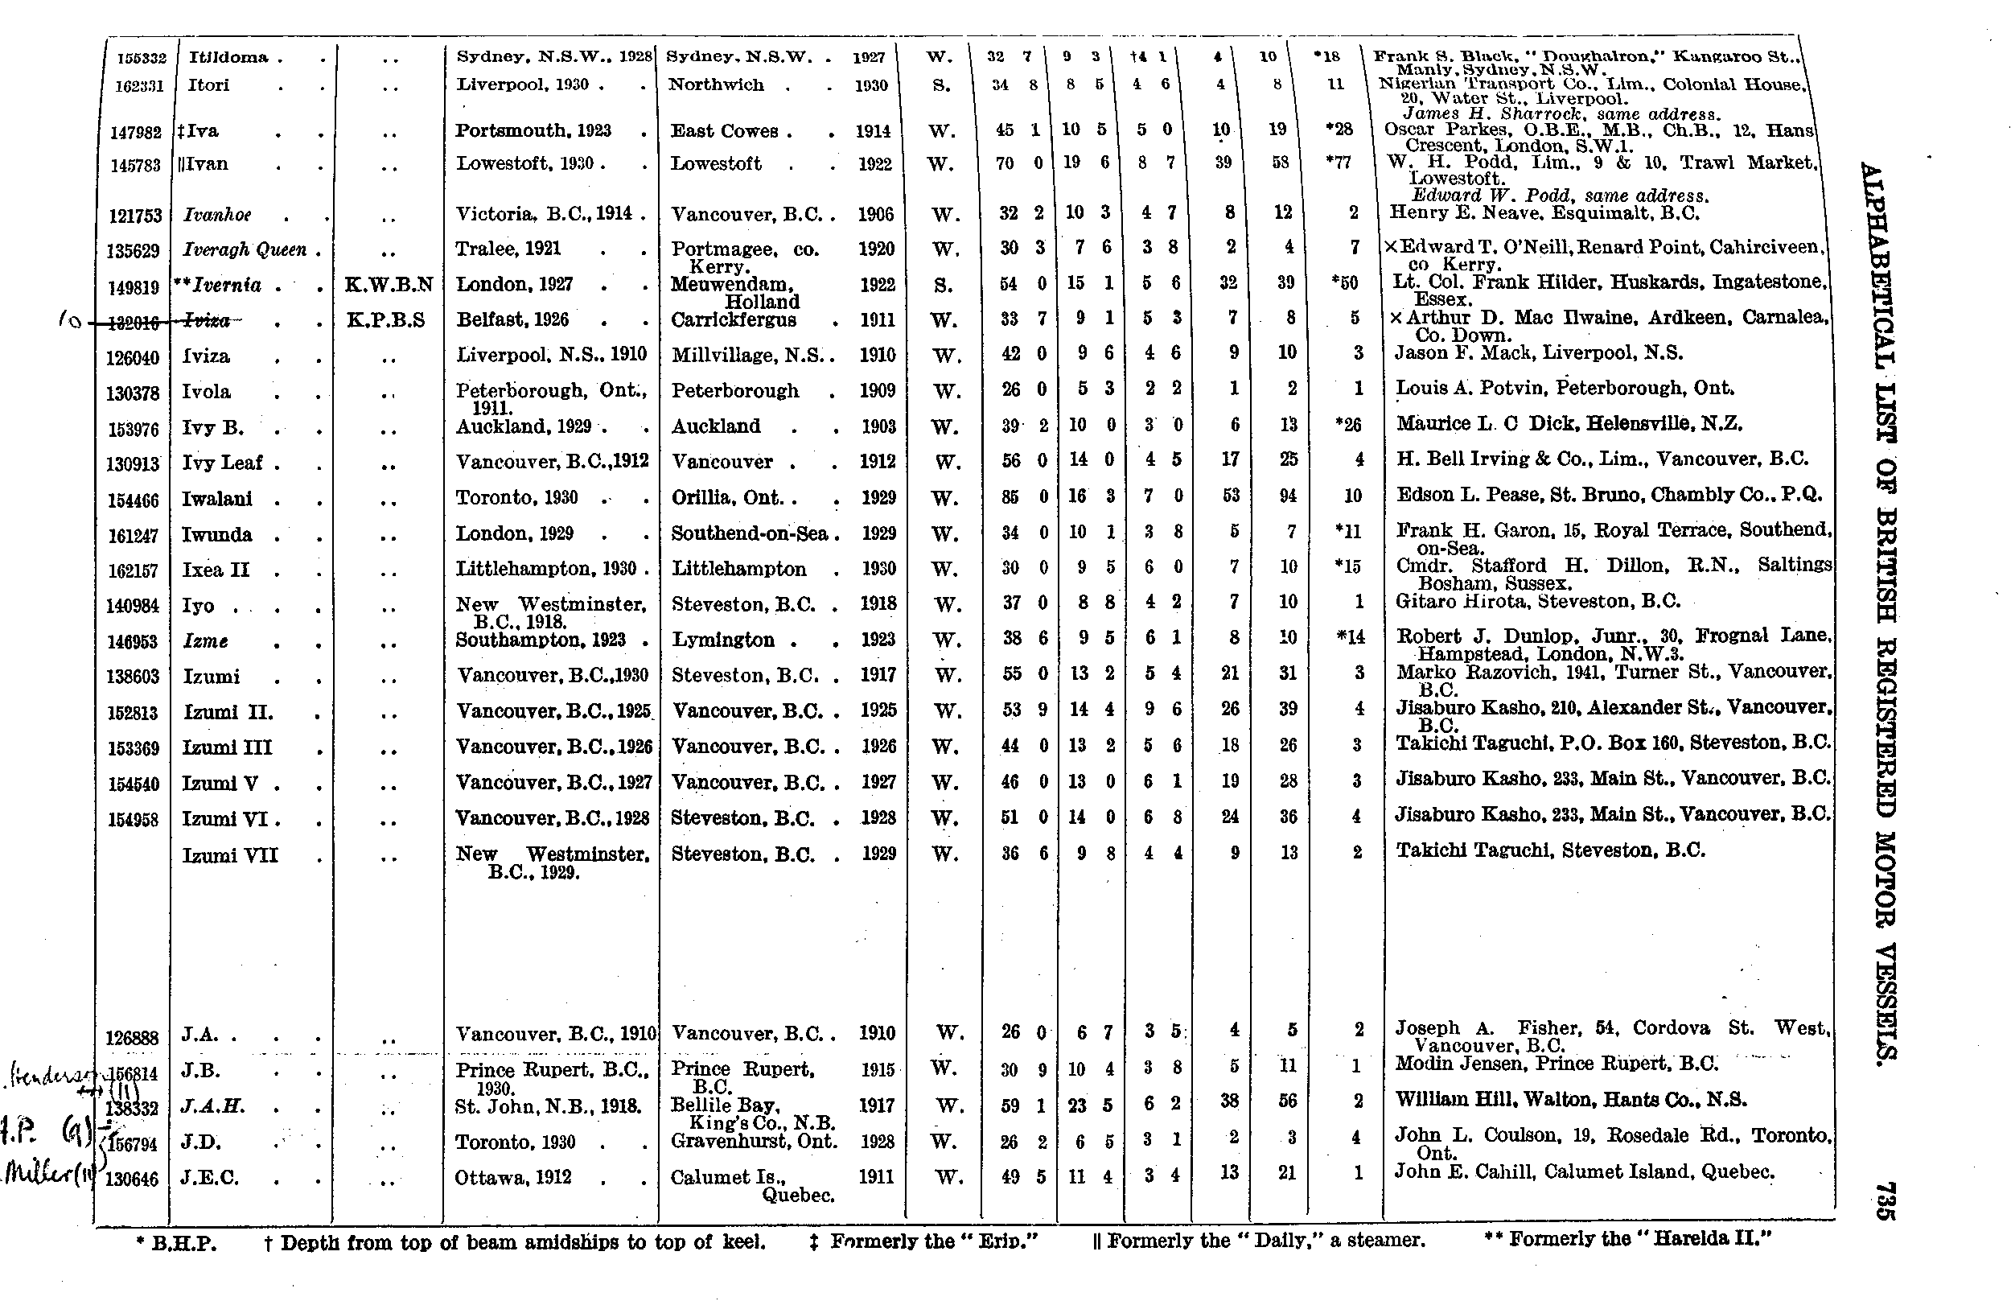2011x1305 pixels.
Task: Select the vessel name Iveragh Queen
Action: pyautogui.click(x=245, y=249)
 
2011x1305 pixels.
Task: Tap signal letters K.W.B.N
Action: pyautogui.click(x=389, y=285)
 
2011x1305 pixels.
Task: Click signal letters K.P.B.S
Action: pyautogui.click(x=385, y=320)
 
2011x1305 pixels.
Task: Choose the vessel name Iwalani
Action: pyautogui.click(x=218, y=499)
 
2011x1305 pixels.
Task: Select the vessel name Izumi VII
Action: pyautogui.click(x=230, y=855)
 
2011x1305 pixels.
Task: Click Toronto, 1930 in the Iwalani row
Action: pyautogui.click(x=517, y=497)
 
